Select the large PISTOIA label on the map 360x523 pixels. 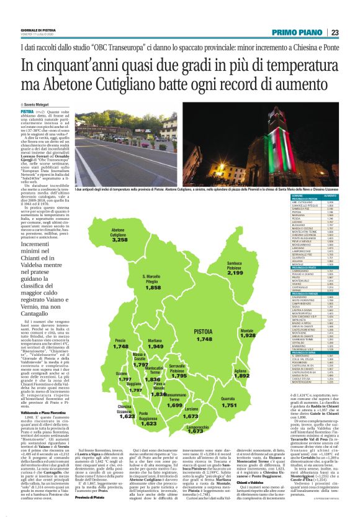(x=204, y=332)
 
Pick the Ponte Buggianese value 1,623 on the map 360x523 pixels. (x=148, y=423)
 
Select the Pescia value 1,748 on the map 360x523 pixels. (x=120, y=346)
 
